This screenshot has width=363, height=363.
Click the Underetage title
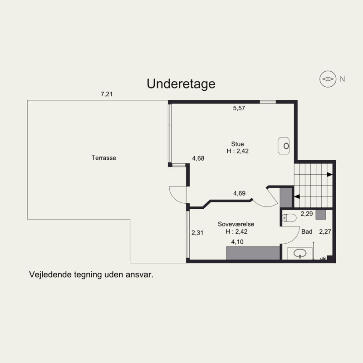click(x=181, y=84)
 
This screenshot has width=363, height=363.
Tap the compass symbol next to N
click(x=328, y=79)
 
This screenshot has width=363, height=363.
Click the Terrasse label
click(x=104, y=158)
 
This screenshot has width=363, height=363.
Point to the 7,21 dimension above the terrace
click(x=107, y=94)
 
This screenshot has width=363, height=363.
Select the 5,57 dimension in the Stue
click(x=239, y=108)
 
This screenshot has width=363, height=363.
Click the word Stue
click(x=237, y=144)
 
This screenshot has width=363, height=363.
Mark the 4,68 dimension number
click(x=198, y=158)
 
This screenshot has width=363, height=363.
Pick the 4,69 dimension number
click(x=240, y=193)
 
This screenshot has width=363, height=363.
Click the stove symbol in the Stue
click(x=284, y=146)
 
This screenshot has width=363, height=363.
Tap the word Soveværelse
click(x=236, y=224)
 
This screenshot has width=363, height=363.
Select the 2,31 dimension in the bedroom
click(x=197, y=233)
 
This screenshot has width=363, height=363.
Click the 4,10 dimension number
click(x=237, y=242)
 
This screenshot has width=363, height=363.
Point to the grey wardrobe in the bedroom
click(x=253, y=253)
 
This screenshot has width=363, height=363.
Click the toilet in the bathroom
click(x=289, y=218)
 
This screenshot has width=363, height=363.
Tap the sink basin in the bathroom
click(x=300, y=253)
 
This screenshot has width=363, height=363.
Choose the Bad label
click(x=307, y=232)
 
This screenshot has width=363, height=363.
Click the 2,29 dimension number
click(x=307, y=214)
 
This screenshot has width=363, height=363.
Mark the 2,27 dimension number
click(x=325, y=231)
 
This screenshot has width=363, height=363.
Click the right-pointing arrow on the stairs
click(x=329, y=175)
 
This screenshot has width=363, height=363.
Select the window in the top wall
click(x=268, y=102)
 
